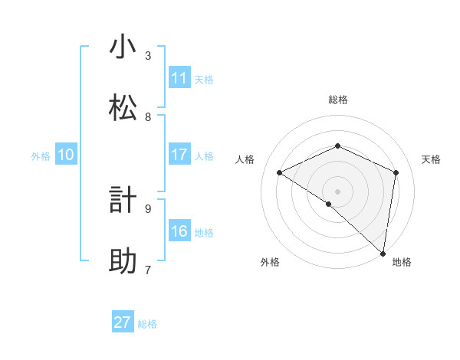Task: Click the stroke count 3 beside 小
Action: pyautogui.click(x=148, y=56)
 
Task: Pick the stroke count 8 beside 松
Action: pyautogui.click(x=148, y=117)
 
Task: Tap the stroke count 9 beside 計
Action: pyautogui.click(x=148, y=208)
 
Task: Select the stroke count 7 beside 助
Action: pyautogui.click(x=148, y=270)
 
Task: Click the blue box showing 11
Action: pyautogui.click(x=179, y=78)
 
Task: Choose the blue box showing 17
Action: pyautogui.click(x=179, y=155)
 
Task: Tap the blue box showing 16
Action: pyautogui.click(x=179, y=231)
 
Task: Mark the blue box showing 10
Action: pyautogui.click(x=65, y=155)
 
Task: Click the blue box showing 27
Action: pyautogui.click(x=123, y=322)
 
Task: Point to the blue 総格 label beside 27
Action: pyautogui.click(x=147, y=324)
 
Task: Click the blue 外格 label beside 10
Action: pyautogui.click(x=41, y=156)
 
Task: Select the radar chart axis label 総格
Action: pyautogui.click(x=337, y=100)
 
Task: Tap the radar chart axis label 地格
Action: pyautogui.click(x=402, y=262)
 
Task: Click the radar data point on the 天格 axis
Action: pyautogui.click(x=396, y=172)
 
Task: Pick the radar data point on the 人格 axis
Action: pyautogui.click(x=280, y=173)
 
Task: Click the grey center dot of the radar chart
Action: pyautogui.click(x=337, y=191)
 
